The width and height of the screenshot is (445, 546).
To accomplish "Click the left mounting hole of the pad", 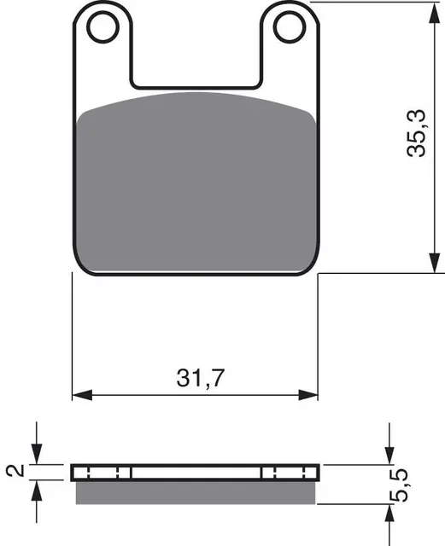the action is coord(102,27).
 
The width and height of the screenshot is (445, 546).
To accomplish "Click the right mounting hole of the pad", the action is coord(290,27).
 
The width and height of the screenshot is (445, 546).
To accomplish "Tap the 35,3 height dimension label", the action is coord(417,133).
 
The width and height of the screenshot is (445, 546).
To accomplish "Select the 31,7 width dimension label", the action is coord(200,377).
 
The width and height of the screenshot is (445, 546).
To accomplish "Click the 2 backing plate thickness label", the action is coord(15,470).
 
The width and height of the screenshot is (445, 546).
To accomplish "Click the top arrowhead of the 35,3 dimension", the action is coord(434,13).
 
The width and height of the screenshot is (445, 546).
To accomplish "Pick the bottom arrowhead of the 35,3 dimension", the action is coord(434,263).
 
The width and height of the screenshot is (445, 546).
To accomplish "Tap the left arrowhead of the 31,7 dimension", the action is coord(82,395).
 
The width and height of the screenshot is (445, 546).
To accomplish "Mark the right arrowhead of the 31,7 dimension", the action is coord(308,395).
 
